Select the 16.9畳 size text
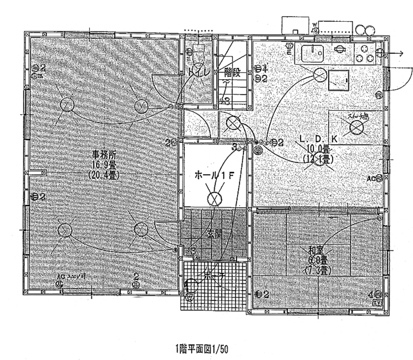pyautogui.click(x=103, y=165)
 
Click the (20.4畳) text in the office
pyautogui.click(x=103, y=175)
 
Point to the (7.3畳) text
pyautogui.click(x=317, y=270)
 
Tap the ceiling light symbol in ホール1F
pyautogui.click(x=216, y=198)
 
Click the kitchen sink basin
pyautogui.click(x=312, y=54)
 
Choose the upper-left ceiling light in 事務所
pyautogui.click(x=67, y=104)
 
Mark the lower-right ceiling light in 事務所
pyautogui.click(x=140, y=230)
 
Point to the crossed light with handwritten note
pyautogui.click(x=356, y=127)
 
